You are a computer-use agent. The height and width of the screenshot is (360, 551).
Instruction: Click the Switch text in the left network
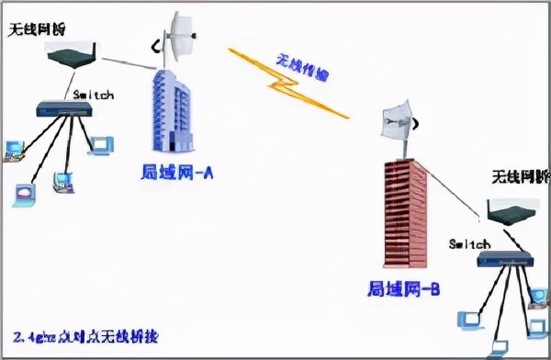pyautogui.click(x=93, y=94)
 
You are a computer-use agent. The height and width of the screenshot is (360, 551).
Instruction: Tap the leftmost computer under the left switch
pyautogui.click(x=15, y=147)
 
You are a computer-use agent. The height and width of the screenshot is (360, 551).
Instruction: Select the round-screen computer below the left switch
pyautogui.click(x=26, y=192)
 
